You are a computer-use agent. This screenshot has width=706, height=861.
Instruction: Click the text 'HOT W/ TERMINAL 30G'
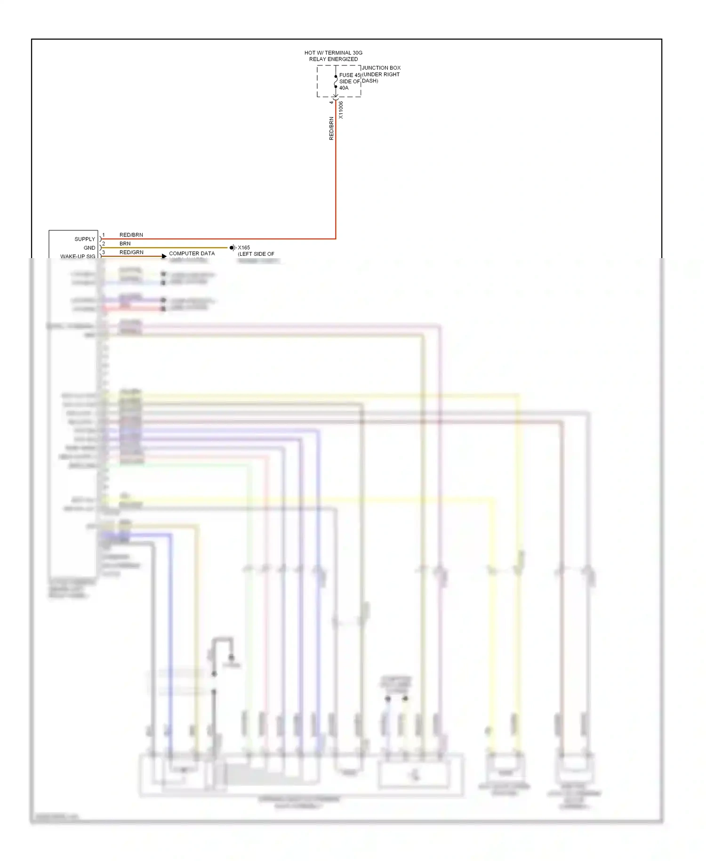(333, 53)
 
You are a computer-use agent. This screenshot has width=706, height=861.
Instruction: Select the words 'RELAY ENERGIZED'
(333, 59)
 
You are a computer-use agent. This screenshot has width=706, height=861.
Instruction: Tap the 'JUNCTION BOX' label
(381, 68)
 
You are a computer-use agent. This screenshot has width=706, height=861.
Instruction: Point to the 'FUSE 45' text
(350, 75)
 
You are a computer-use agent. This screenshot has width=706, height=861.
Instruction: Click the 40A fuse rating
(344, 88)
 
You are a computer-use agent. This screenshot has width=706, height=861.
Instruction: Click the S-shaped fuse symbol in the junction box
(336, 81)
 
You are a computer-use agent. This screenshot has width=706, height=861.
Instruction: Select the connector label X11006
(341, 110)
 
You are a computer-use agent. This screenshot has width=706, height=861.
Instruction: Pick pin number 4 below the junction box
(331, 102)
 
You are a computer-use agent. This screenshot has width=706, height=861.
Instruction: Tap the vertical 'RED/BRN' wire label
(331, 128)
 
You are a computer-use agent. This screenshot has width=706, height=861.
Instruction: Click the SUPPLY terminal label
(85, 239)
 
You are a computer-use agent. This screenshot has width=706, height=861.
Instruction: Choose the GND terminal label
(89, 248)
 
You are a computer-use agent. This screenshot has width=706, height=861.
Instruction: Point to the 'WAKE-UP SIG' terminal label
(78, 256)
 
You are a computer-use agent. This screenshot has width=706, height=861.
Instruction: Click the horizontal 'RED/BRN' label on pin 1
(131, 235)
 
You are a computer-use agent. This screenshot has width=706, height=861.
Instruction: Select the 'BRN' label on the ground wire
(125, 244)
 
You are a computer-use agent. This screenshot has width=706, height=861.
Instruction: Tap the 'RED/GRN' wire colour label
(131, 252)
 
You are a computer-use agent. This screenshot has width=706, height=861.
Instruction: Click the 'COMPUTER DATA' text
(192, 253)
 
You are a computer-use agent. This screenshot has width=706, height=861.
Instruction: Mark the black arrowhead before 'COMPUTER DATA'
(164, 256)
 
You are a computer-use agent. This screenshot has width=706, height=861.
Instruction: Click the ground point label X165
(244, 248)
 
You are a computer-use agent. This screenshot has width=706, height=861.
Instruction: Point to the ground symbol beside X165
(233, 248)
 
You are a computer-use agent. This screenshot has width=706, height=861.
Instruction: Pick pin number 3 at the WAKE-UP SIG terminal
(104, 252)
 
